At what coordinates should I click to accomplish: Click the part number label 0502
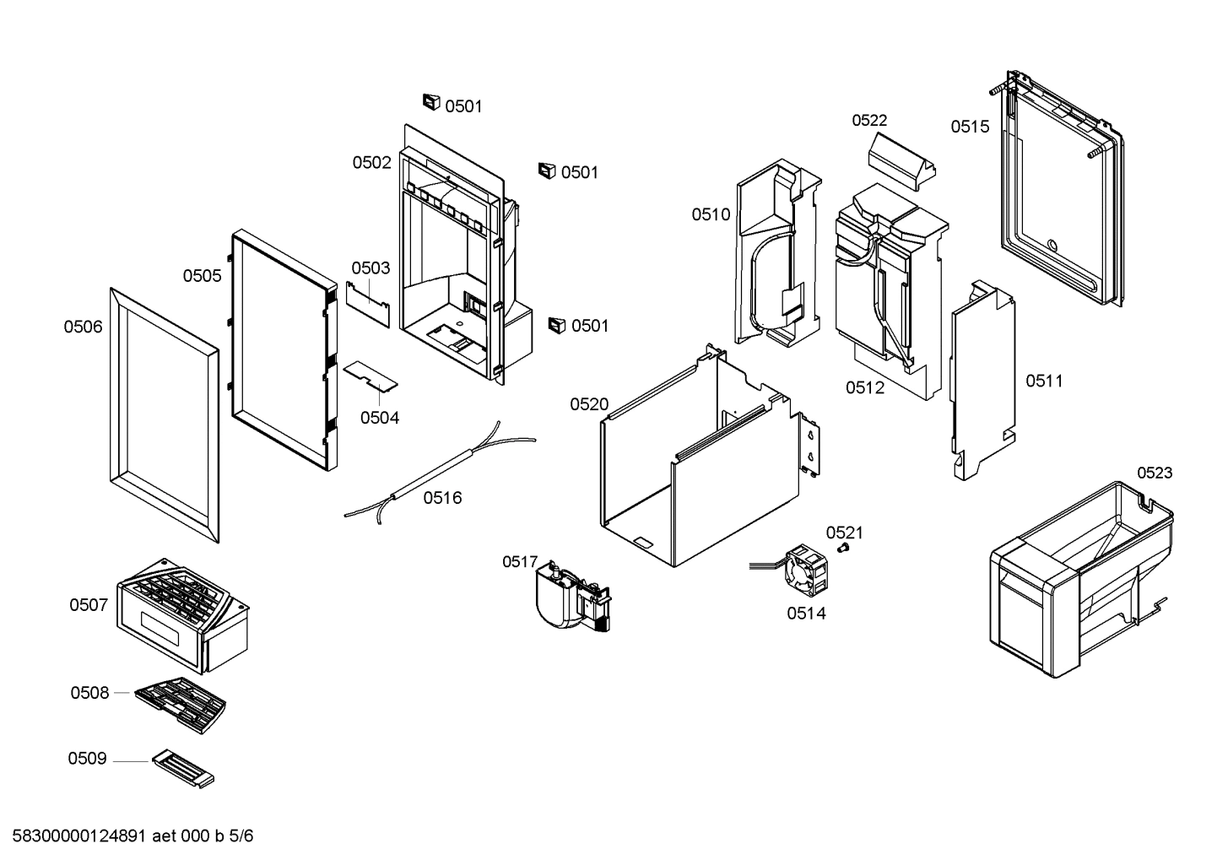click(371, 163)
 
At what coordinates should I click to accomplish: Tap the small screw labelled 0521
click(841, 549)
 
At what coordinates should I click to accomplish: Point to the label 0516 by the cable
click(442, 498)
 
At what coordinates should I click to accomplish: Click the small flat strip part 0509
click(183, 771)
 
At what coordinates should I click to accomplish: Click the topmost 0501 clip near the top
click(431, 102)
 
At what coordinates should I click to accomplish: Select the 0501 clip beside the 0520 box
click(555, 325)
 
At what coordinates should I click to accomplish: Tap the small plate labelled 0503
click(368, 301)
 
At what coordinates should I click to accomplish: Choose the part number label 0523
click(1154, 473)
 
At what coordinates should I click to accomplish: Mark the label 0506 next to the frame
click(83, 327)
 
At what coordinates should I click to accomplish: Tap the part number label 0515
click(970, 127)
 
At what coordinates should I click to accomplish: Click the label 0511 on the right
click(1044, 381)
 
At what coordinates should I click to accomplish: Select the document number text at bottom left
click(133, 837)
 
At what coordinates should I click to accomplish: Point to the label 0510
click(711, 214)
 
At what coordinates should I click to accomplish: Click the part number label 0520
click(588, 404)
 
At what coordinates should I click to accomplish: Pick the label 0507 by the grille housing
click(89, 605)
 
